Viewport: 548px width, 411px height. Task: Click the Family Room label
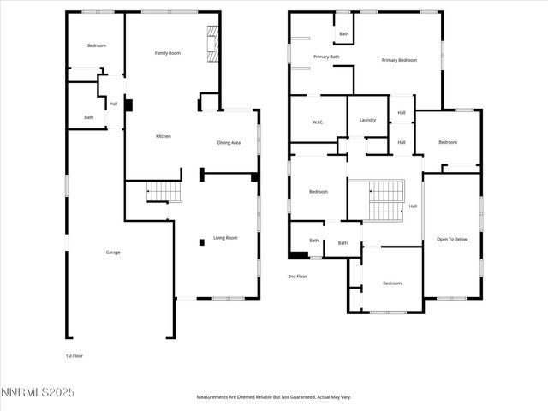coord(167,53)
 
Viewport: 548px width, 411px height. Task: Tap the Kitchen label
coord(163,136)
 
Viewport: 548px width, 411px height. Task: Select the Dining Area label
coord(229,143)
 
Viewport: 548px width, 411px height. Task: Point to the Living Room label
coord(225,237)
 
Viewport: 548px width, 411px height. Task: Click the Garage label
coord(113,252)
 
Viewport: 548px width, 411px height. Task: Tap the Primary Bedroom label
coord(399,60)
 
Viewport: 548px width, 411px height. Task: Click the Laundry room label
coord(367,120)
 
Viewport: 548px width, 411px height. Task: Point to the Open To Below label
coord(452,239)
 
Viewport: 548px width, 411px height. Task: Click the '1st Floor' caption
coord(74,355)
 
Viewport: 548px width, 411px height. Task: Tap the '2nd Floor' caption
coord(298,276)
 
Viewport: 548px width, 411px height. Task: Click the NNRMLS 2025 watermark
coord(38,392)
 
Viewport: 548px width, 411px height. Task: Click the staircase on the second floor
coord(385,201)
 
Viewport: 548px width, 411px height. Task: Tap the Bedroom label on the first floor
coord(96,45)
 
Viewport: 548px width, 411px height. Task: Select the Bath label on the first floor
coord(88,117)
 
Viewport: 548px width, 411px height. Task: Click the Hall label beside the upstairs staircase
coord(413,205)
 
